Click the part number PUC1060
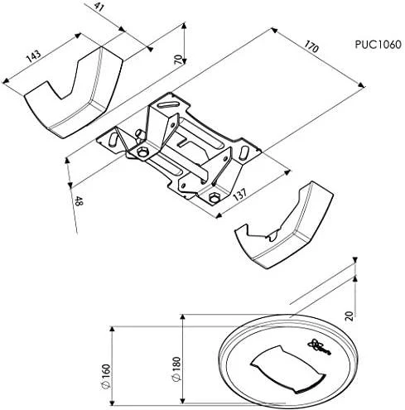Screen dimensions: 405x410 [378, 45]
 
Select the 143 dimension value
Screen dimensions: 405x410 [34, 55]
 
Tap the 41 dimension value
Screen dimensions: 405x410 [99, 7]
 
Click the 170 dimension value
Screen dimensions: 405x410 [311, 46]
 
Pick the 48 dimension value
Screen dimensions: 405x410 [79, 201]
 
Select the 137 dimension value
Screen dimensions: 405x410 [239, 194]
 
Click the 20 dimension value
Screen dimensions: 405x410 [350, 316]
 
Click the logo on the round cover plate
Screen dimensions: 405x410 [320, 346]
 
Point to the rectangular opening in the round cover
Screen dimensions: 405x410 [288, 369]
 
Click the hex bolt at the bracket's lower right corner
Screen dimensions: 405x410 [213, 198]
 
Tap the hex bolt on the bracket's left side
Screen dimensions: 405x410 [142, 152]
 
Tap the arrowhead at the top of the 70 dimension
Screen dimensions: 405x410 [184, 26]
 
